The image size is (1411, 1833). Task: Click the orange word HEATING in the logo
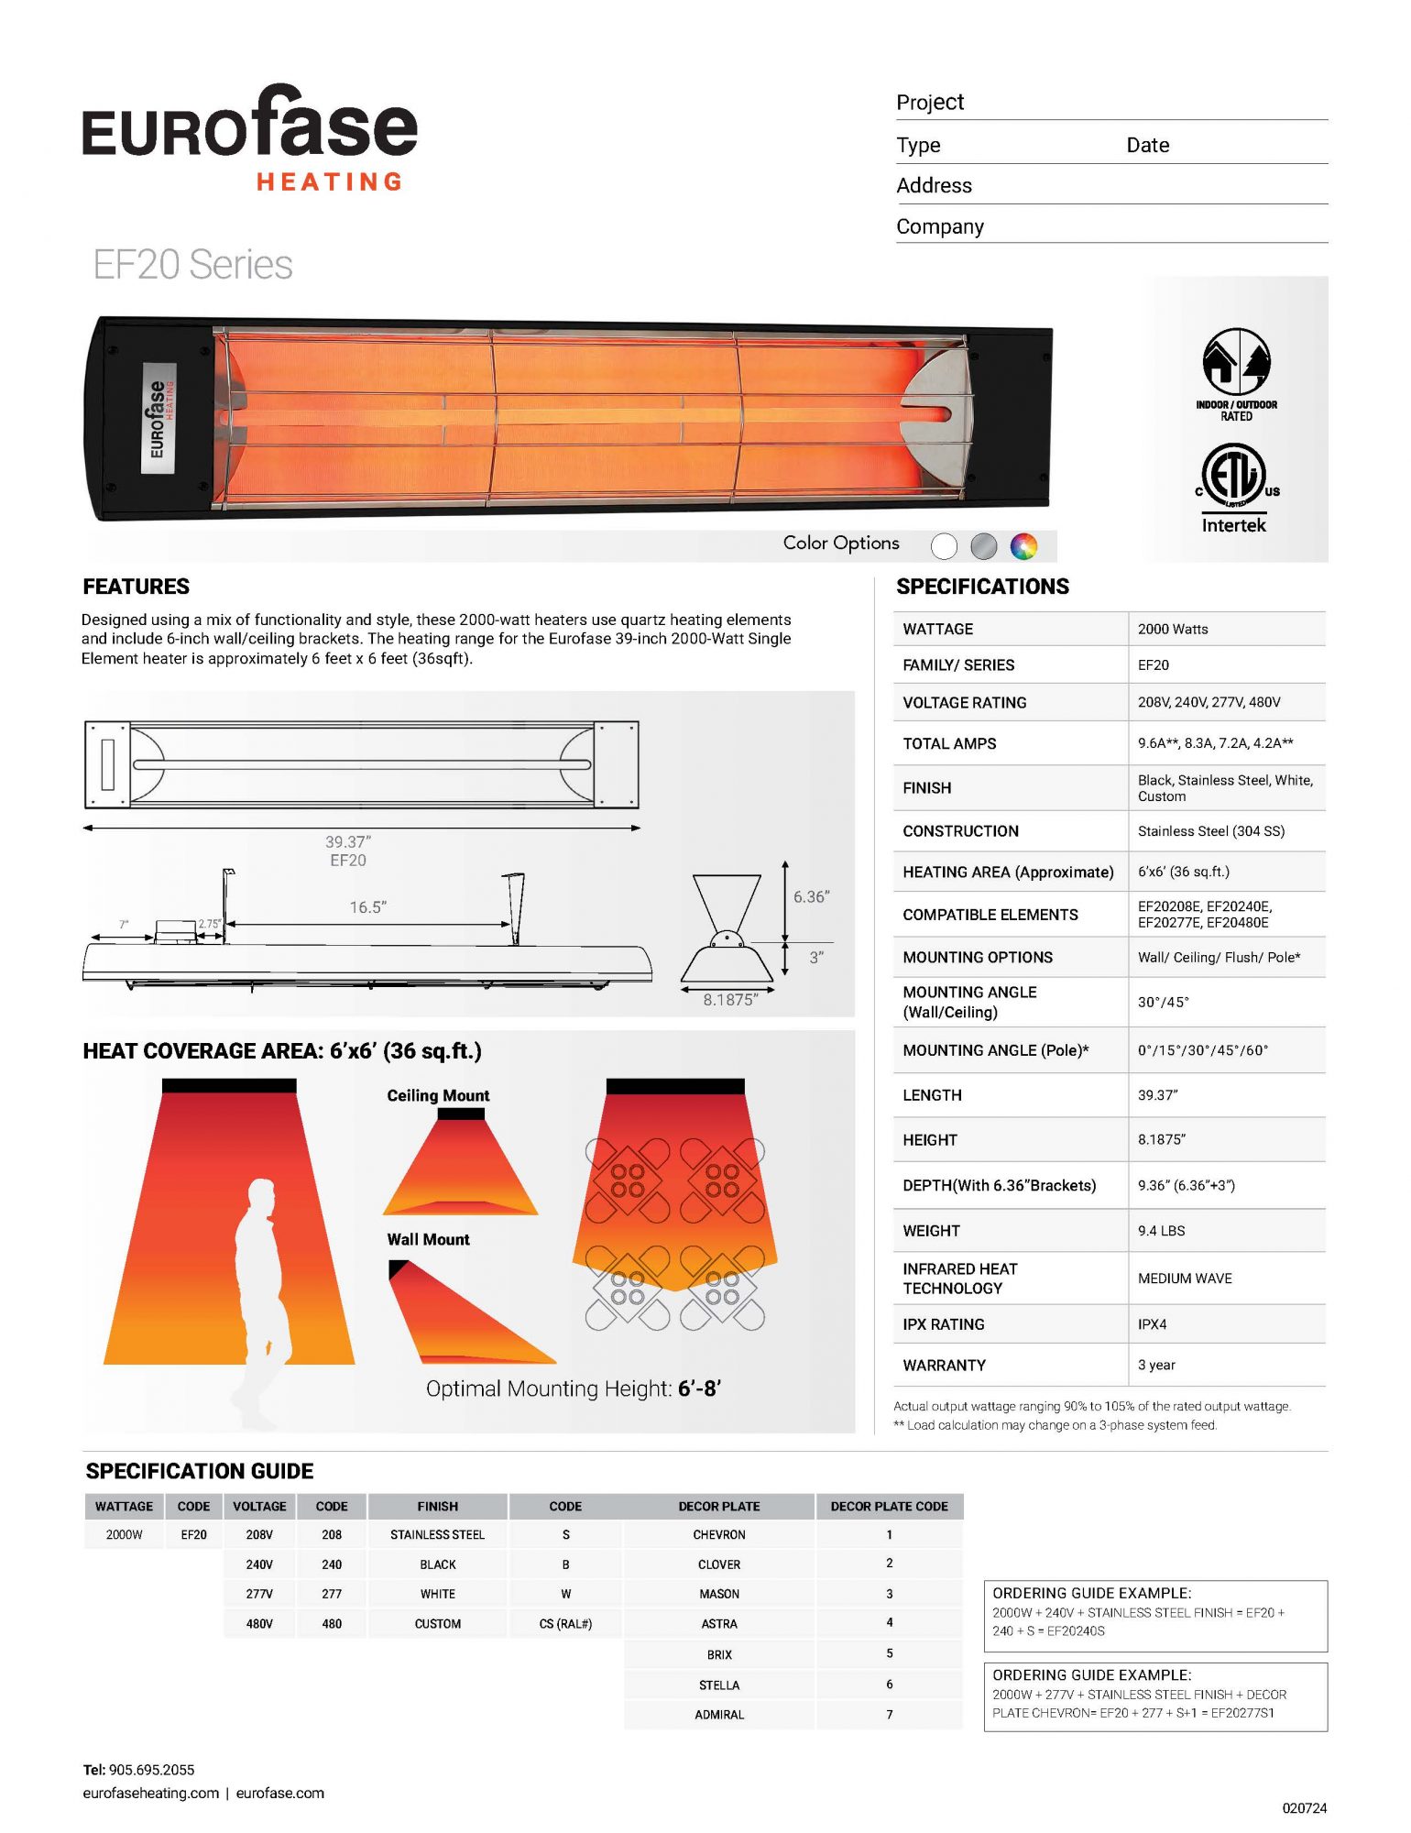point(330,182)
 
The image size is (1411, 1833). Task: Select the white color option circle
point(944,546)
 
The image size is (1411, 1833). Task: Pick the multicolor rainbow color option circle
point(1023,546)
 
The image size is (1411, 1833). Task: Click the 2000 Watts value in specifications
point(1173,629)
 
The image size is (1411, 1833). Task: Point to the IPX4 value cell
point(1153,1324)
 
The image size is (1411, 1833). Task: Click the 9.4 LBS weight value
point(1161,1231)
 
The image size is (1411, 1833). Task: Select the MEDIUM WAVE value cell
point(1185,1279)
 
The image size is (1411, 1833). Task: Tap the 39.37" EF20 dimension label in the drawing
point(347,851)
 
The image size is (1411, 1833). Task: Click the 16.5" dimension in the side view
point(367,907)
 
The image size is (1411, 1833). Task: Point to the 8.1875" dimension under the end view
point(729,1000)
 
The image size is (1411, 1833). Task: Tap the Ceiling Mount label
point(438,1095)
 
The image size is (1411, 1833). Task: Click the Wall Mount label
point(428,1239)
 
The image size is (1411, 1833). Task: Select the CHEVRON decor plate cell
point(719,1534)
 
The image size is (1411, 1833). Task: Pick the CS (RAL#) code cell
point(565,1623)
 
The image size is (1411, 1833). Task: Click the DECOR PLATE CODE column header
point(889,1506)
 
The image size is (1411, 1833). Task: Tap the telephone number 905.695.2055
point(151,1770)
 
